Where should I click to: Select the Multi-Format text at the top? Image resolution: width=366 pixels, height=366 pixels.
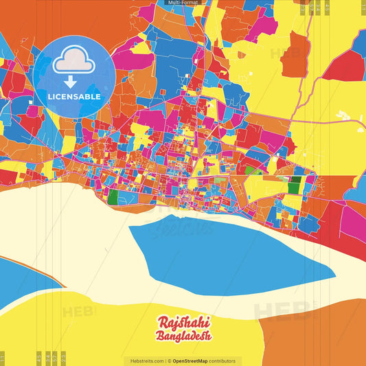click(182, 3)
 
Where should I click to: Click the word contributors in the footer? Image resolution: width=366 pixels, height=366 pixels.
click(224, 361)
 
